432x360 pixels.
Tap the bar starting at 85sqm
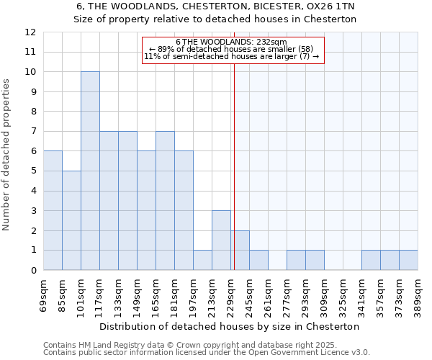pyautogui.click(x=71, y=220)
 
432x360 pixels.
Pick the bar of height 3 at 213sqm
pyautogui.click(x=221, y=240)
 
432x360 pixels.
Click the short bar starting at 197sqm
pyautogui.click(x=202, y=260)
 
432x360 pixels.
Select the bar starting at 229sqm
pyautogui.click(x=240, y=251)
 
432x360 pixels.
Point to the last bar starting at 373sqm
pyautogui.click(x=408, y=260)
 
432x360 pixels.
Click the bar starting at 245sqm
pyautogui.click(x=258, y=260)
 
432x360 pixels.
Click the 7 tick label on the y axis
pyautogui.click(x=33, y=132)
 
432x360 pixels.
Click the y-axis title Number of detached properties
pyautogui.click(x=7, y=155)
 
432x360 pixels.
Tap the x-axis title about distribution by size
pyautogui.click(x=229, y=326)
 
